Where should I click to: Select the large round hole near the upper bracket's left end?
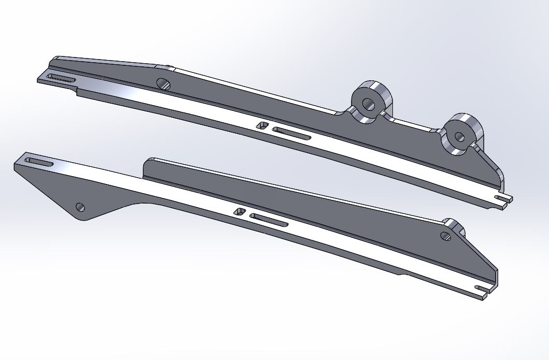click(x=163, y=83)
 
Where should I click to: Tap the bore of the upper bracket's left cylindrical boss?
click(x=369, y=104)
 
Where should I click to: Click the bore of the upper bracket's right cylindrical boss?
click(x=459, y=137)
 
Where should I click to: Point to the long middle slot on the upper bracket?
click(x=291, y=134)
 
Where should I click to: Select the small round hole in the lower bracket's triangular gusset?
click(x=80, y=207)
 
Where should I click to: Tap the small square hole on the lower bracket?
click(x=240, y=211)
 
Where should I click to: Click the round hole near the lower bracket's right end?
click(x=445, y=236)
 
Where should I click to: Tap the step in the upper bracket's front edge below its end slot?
click(x=78, y=92)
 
